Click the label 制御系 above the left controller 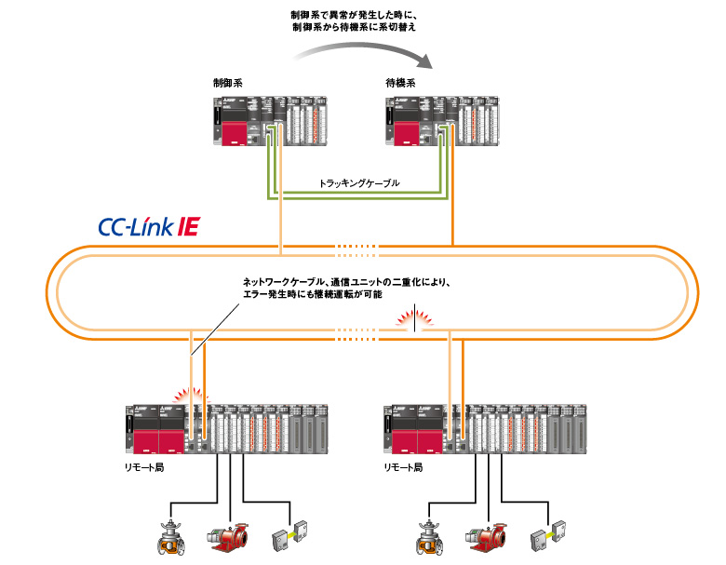pos(227,84)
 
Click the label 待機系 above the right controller pos(400,84)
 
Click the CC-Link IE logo pos(148,226)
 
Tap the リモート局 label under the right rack pos(403,465)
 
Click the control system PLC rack pos(271,120)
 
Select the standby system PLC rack pos(444,120)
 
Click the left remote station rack pos(226,429)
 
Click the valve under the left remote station pos(170,538)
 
